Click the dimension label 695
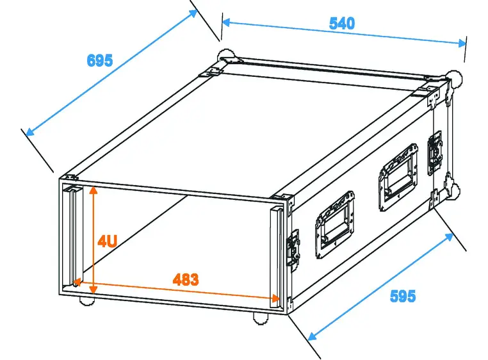click(100, 60)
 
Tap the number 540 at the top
click(341, 24)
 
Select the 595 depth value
click(402, 296)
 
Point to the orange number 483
click(186, 280)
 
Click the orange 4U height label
click(107, 241)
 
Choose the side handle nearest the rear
click(398, 177)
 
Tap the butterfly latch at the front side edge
click(293, 247)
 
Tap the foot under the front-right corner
click(259, 318)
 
